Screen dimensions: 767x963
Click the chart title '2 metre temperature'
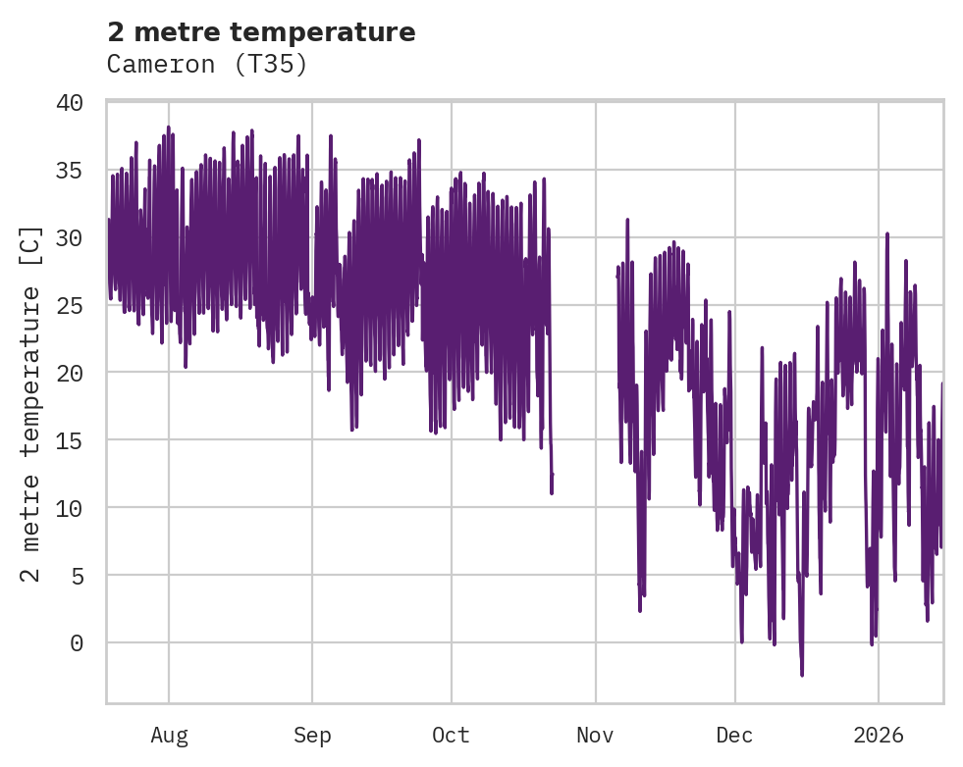pos(261,32)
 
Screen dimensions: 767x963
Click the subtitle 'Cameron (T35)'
pos(207,65)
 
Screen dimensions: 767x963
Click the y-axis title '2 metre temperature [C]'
pos(31,403)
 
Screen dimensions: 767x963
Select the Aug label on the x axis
pos(169,735)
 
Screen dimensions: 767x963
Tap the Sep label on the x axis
pos(312,735)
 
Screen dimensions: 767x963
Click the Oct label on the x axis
pos(452,735)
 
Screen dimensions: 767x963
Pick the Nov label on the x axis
pos(595,735)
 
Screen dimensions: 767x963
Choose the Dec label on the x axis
pos(734,735)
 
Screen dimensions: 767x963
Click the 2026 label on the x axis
pos(879,735)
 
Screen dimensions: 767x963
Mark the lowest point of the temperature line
pos(802,675)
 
